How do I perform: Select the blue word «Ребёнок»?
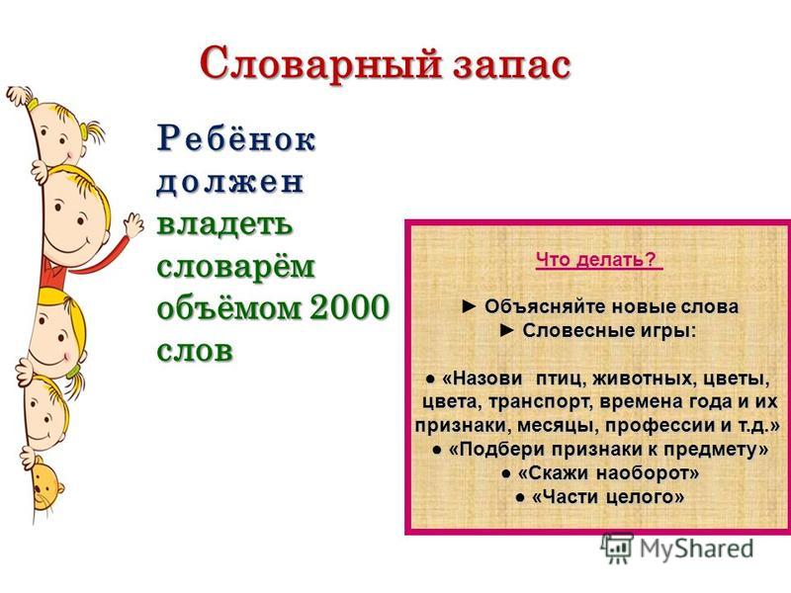click(236, 137)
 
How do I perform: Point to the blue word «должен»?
click(230, 182)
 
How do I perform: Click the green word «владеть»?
click(225, 224)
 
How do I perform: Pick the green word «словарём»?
click(236, 266)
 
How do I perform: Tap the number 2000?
click(350, 307)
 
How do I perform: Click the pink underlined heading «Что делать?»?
click(599, 260)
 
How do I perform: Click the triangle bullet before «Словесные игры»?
click(507, 331)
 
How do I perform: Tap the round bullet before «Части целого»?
click(520, 498)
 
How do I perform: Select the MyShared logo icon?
click(616, 548)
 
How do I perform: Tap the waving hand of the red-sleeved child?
click(132, 225)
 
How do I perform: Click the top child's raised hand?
click(17, 95)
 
